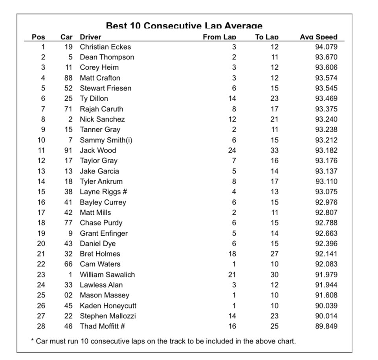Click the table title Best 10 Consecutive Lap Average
pyautogui.click(x=184, y=26)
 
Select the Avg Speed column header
pyautogui.click(x=318, y=37)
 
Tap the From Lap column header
pyautogui.click(x=219, y=37)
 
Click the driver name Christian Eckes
pyautogui.click(x=105, y=47)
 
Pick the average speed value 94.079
pyautogui.click(x=326, y=47)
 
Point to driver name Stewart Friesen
pyautogui.click(x=106, y=88)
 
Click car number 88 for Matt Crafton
pyautogui.click(x=68, y=78)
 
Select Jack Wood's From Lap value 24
pyautogui.click(x=232, y=150)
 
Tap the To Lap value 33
pyautogui.click(x=274, y=150)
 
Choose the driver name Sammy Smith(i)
pyautogui.click(x=106, y=140)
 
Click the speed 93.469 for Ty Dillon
pyautogui.click(x=326, y=99)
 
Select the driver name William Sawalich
pyautogui.click(x=107, y=275)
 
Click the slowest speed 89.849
pyautogui.click(x=326, y=326)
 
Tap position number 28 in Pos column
pyautogui.click(x=41, y=326)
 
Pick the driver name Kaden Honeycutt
pyautogui.click(x=108, y=306)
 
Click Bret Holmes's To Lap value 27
pyautogui.click(x=274, y=254)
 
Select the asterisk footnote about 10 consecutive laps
pyautogui.click(x=163, y=341)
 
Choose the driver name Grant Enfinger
pyautogui.click(x=104, y=233)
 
